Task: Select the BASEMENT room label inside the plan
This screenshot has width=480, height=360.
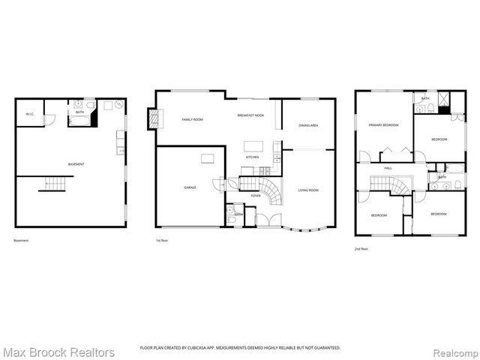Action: tap(76, 164)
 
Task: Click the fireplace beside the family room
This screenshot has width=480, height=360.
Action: tap(155, 118)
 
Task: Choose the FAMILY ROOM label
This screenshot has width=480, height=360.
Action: tap(193, 119)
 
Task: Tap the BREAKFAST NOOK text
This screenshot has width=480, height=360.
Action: tap(251, 115)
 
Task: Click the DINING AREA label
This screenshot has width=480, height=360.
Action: tap(307, 125)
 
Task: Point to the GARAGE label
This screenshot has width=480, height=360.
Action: tap(190, 187)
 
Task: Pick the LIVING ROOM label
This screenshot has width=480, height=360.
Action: tap(307, 190)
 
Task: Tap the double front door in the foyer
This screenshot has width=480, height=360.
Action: tap(265, 220)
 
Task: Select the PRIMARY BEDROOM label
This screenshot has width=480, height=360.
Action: tap(382, 125)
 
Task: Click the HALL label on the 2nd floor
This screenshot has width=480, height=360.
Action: tap(388, 168)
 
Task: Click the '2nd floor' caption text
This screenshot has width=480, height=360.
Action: tap(361, 248)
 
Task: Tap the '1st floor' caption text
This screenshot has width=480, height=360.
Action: tap(161, 241)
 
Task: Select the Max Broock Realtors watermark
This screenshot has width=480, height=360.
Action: tap(58, 352)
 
